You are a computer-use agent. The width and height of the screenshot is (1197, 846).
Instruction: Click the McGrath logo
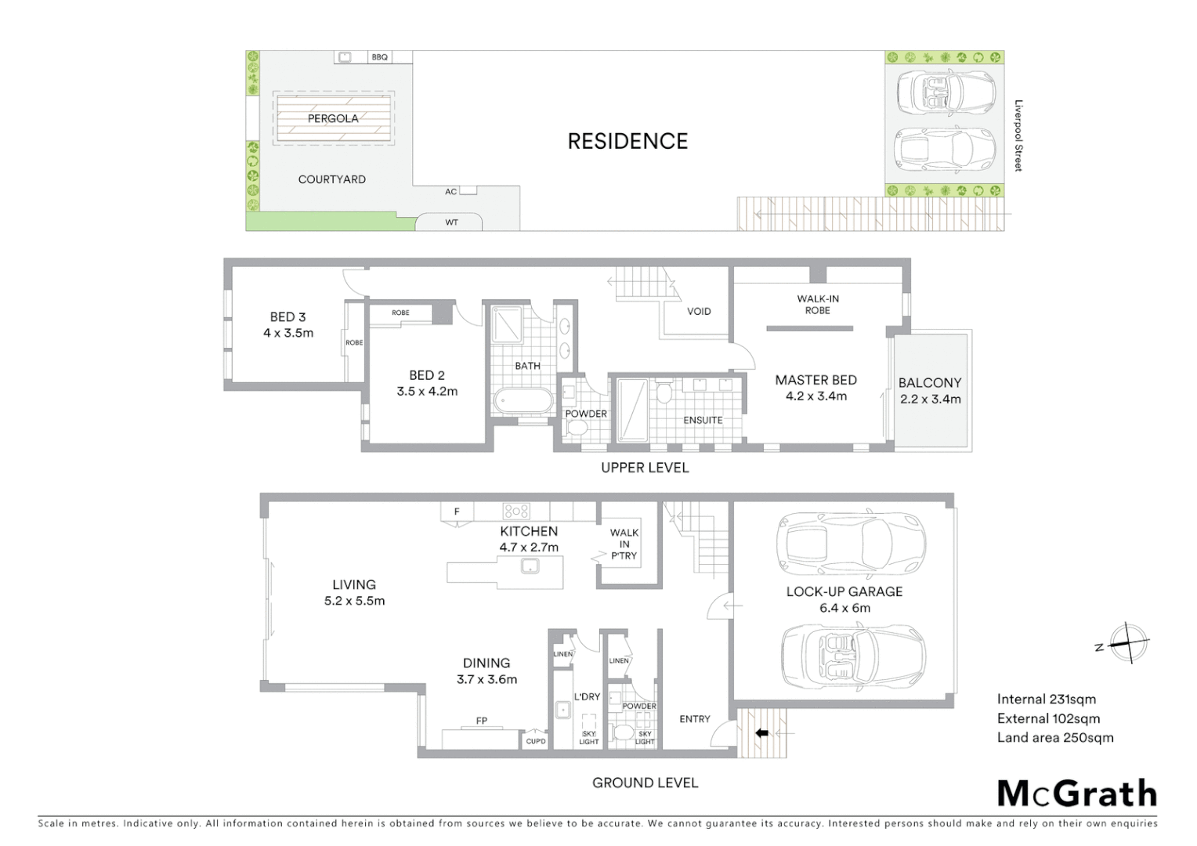pos(1077,794)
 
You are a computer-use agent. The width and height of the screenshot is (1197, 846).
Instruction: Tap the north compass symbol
pos(1127,644)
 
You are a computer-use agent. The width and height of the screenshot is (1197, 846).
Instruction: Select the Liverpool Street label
pos(1018,136)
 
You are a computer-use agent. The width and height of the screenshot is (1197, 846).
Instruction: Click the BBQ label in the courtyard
pos(380,57)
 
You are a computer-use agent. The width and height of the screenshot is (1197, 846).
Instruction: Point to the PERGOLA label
pos(333,118)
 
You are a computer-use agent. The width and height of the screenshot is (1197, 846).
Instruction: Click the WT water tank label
pos(451,222)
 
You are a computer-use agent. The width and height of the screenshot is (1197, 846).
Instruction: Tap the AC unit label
pos(451,192)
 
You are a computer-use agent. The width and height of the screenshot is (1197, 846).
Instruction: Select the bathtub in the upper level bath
pos(523,401)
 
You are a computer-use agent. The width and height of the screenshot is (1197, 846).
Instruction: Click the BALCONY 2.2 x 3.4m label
pos(930,390)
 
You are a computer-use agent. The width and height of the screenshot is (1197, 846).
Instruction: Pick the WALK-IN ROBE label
pos(817,304)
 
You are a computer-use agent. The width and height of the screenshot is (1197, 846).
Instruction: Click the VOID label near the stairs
pos(699,311)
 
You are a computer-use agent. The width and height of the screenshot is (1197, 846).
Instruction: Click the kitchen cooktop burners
pos(516,512)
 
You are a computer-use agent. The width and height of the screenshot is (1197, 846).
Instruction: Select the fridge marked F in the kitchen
pos(457,512)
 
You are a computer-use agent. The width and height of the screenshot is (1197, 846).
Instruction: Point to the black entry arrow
pos(761,733)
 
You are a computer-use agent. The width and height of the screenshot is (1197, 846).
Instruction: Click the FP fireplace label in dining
pos(482,721)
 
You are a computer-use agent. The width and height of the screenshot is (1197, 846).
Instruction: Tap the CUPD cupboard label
pos(536,741)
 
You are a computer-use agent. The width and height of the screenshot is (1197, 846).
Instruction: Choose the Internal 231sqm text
pos(1046,700)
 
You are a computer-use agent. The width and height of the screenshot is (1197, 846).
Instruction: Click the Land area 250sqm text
pos(1054,737)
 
